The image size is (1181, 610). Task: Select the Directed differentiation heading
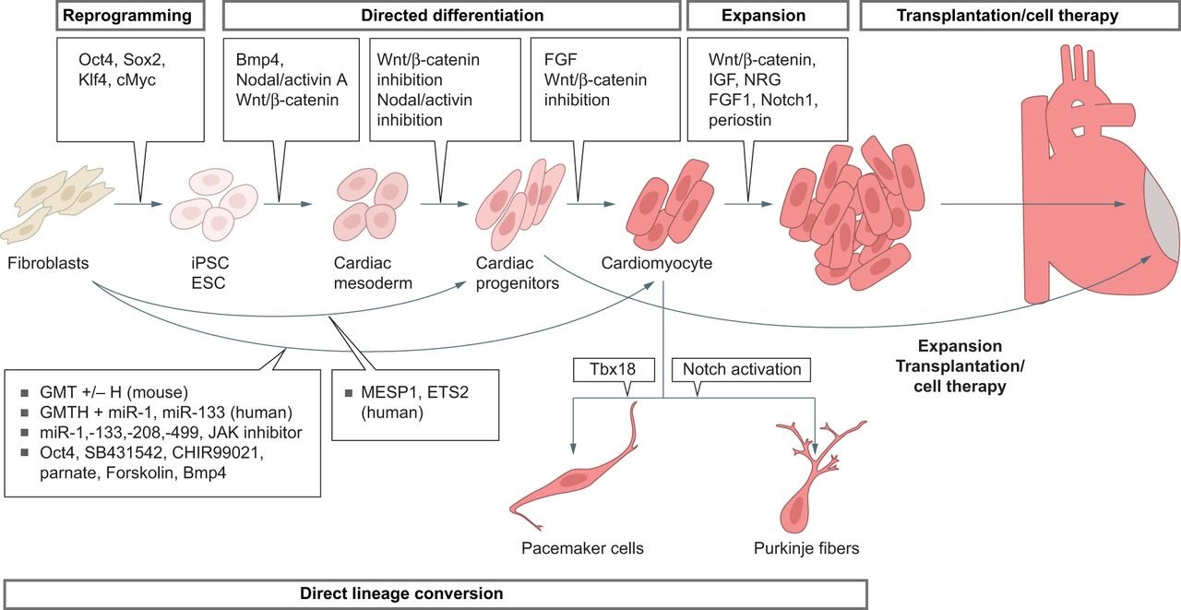[x=452, y=16]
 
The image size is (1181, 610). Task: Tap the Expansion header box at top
[x=768, y=16]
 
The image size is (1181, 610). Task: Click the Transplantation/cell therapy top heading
[x=1008, y=16]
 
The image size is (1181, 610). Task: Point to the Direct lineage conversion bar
[x=435, y=593]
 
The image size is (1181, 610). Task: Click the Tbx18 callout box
[x=614, y=369]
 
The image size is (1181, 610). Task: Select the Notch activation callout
[x=741, y=369]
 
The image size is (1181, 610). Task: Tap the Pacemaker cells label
[x=582, y=548]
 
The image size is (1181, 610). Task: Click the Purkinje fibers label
[x=806, y=548]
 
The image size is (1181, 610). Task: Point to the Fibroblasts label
[x=48, y=263]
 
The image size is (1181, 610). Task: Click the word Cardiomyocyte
[x=656, y=263]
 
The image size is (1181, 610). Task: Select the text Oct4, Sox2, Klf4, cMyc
[x=122, y=69]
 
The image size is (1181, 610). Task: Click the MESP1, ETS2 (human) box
[x=415, y=405]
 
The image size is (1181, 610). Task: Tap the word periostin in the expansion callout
[x=740, y=120]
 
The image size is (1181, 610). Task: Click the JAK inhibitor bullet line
[x=171, y=432]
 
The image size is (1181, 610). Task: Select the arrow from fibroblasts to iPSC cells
[x=138, y=204]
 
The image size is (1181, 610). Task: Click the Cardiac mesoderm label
[x=373, y=273]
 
